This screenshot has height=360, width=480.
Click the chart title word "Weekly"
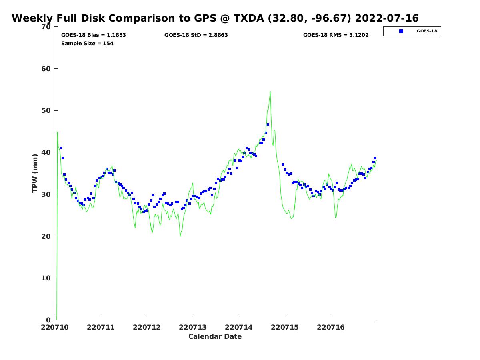[x=32, y=18]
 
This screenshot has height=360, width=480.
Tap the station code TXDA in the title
[x=249, y=18]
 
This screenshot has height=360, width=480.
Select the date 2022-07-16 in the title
[x=387, y=18]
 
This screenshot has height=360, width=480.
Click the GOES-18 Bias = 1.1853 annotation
[x=93, y=35]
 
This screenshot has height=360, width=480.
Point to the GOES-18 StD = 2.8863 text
[x=196, y=35]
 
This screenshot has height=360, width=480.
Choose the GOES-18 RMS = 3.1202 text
[x=336, y=35]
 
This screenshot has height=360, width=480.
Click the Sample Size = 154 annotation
[x=87, y=43]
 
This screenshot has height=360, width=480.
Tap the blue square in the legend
[x=401, y=31]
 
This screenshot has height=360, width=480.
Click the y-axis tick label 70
[x=46, y=27]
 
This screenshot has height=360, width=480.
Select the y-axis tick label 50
[x=46, y=111]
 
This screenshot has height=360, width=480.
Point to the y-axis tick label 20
[x=46, y=236]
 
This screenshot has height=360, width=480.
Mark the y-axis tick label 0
[x=48, y=320]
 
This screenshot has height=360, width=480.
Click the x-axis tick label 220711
[x=100, y=327]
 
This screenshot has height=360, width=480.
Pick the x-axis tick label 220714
[x=238, y=327]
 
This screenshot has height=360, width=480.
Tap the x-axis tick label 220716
[x=331, y=327]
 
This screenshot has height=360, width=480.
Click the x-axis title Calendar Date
[x=215, y=336]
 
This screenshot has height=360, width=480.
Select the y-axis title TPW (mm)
[x=35, y=173]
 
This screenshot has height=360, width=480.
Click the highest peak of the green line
[x=270, y=91]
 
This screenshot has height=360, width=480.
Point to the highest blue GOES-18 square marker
[x=268, y=124]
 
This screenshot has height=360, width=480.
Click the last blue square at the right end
[x=375, y=158]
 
